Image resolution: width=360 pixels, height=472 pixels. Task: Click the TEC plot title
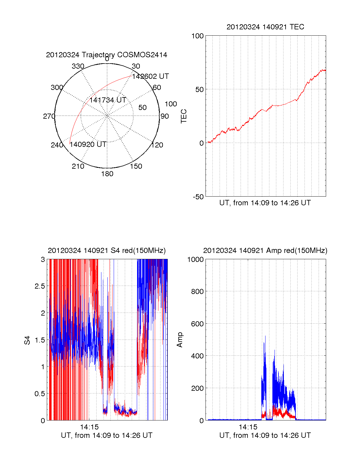[265, 27]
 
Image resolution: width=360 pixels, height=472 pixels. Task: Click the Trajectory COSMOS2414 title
[106, 55]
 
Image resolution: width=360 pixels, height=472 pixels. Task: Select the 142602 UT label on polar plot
[150, 76]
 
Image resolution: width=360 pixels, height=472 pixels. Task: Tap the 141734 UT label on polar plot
[108, 100]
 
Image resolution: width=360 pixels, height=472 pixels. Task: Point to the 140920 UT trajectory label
[88, 144]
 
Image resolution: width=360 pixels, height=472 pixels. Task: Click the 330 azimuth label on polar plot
[78, 66]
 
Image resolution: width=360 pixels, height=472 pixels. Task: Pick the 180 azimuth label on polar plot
[107, 174]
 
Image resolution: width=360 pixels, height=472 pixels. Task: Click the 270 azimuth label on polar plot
[49, 116]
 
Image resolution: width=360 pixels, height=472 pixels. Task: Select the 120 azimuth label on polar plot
[157, 145]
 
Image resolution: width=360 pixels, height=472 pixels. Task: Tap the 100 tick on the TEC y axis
[197, 36]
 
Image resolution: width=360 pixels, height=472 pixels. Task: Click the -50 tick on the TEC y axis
[198, 197]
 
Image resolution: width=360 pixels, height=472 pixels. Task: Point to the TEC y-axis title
[184, 116]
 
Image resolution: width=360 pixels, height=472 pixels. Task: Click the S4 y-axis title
[27, 340]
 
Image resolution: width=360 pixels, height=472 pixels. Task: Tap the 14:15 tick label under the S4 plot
[89, 427]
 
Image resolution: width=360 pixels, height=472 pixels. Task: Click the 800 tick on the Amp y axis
[197, 292]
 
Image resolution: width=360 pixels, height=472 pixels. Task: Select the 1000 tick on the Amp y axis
[196, 260]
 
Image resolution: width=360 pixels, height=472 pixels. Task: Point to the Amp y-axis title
[180, 340]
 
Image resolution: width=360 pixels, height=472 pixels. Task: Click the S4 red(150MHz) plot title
[106, 251]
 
